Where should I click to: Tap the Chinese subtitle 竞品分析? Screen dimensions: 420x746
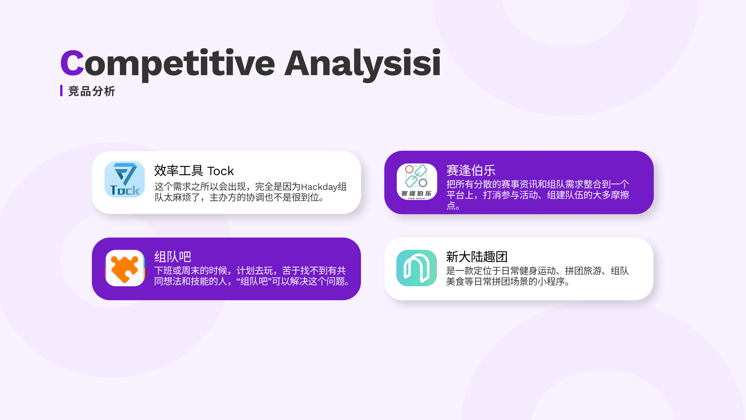point(92,91)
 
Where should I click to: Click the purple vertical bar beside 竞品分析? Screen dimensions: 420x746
point(61,91)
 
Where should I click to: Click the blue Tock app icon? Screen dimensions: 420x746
point(124,179)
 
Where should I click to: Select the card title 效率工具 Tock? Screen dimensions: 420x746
point(194,171)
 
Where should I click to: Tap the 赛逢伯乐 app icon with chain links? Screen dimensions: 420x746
point(416,182)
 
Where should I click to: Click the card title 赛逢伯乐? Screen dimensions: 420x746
point(471,170)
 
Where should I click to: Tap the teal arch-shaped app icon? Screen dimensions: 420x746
point(416,268)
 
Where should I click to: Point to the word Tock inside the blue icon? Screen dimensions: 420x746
point(124,190)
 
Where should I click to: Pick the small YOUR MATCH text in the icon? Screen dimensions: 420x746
point(416,199)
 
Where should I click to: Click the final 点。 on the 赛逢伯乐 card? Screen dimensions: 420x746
point(453,206)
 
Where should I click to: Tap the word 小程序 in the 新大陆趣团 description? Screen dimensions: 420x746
point(551,281)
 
